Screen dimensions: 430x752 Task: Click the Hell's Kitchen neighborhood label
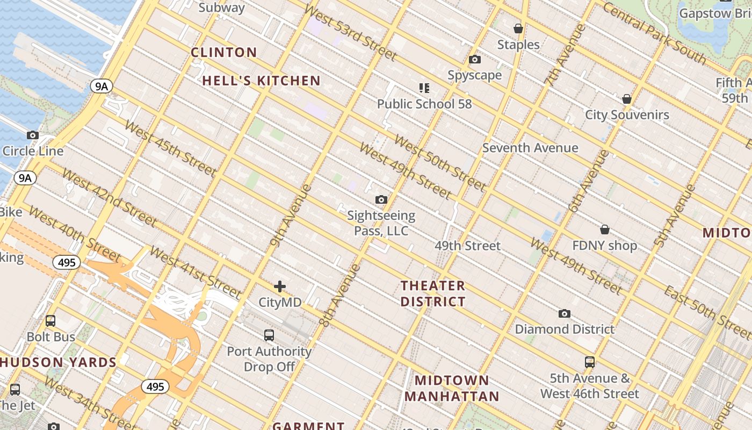[261, 81]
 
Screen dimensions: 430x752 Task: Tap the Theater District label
[433, 293]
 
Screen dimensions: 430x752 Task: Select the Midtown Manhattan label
[452, 389]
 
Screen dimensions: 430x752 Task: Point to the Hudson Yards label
[58, 362]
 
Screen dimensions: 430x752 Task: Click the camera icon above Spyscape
[475, 60]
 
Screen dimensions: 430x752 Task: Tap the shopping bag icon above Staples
[518, 28]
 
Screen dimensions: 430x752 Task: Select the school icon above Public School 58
[424, 88]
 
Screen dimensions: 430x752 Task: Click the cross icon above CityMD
[280, 286]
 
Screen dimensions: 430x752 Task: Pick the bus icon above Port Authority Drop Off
[269, 335]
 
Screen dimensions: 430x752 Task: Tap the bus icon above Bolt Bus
[50, 321]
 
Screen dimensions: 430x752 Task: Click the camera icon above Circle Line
[33, 135]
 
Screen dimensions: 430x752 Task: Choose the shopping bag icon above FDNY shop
[605, 230]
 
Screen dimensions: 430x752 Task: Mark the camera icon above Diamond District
[564, 313]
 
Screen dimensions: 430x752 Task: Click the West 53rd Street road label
[350, 32]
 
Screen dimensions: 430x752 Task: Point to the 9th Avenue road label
[291, 216]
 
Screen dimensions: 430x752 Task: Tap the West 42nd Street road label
[109, 197]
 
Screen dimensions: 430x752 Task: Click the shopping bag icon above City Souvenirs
[626, 99]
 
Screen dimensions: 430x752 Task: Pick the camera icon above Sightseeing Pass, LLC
[381, 200]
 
